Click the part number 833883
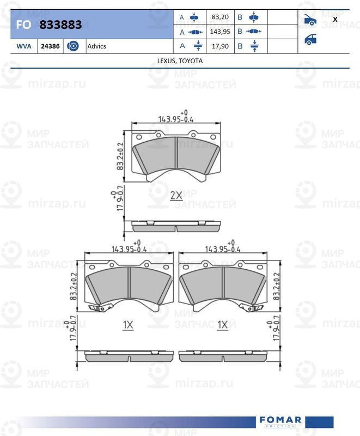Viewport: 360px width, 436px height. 60,25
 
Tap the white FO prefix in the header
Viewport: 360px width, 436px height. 23,25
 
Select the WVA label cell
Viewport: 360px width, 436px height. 24,46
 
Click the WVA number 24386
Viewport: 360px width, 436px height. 50,46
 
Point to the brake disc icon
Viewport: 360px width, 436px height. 73,46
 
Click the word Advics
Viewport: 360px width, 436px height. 96,46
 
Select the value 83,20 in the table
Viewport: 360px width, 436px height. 220,17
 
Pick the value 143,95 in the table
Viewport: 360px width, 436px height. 220,32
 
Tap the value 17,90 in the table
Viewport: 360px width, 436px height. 220,46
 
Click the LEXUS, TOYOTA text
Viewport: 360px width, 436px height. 180,61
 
